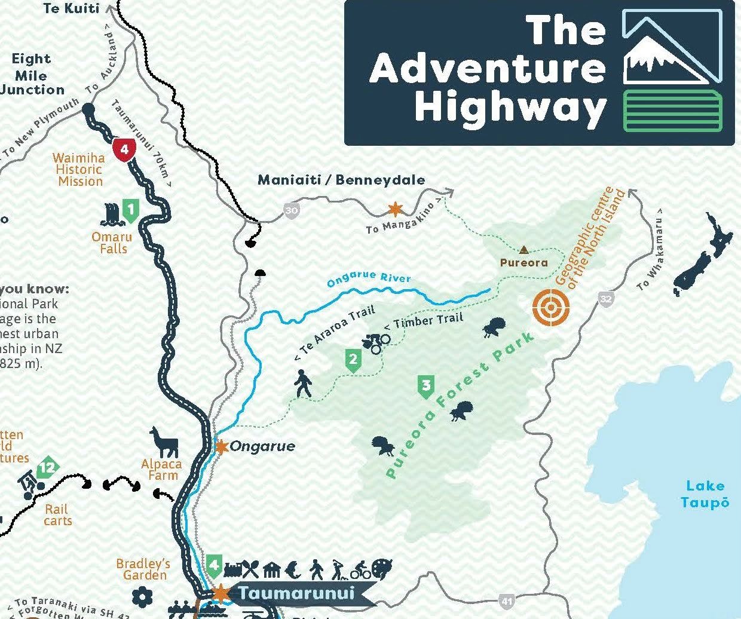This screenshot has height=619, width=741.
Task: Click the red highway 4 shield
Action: (x=124, y=149)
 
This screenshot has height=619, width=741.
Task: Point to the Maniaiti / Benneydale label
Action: (x=342, y=180)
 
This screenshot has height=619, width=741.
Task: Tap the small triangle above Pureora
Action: (x=524, y=250)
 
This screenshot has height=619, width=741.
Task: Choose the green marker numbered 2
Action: (x=353, y=360)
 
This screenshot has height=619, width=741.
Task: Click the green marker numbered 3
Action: (x=425, y=387)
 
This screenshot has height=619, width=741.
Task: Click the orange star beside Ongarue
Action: (x=222, y=446)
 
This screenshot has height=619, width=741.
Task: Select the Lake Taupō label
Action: (x=705, y=494)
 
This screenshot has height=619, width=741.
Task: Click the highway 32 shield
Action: (x=606, y=298)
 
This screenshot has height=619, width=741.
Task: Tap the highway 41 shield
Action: (x=507, y=600)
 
